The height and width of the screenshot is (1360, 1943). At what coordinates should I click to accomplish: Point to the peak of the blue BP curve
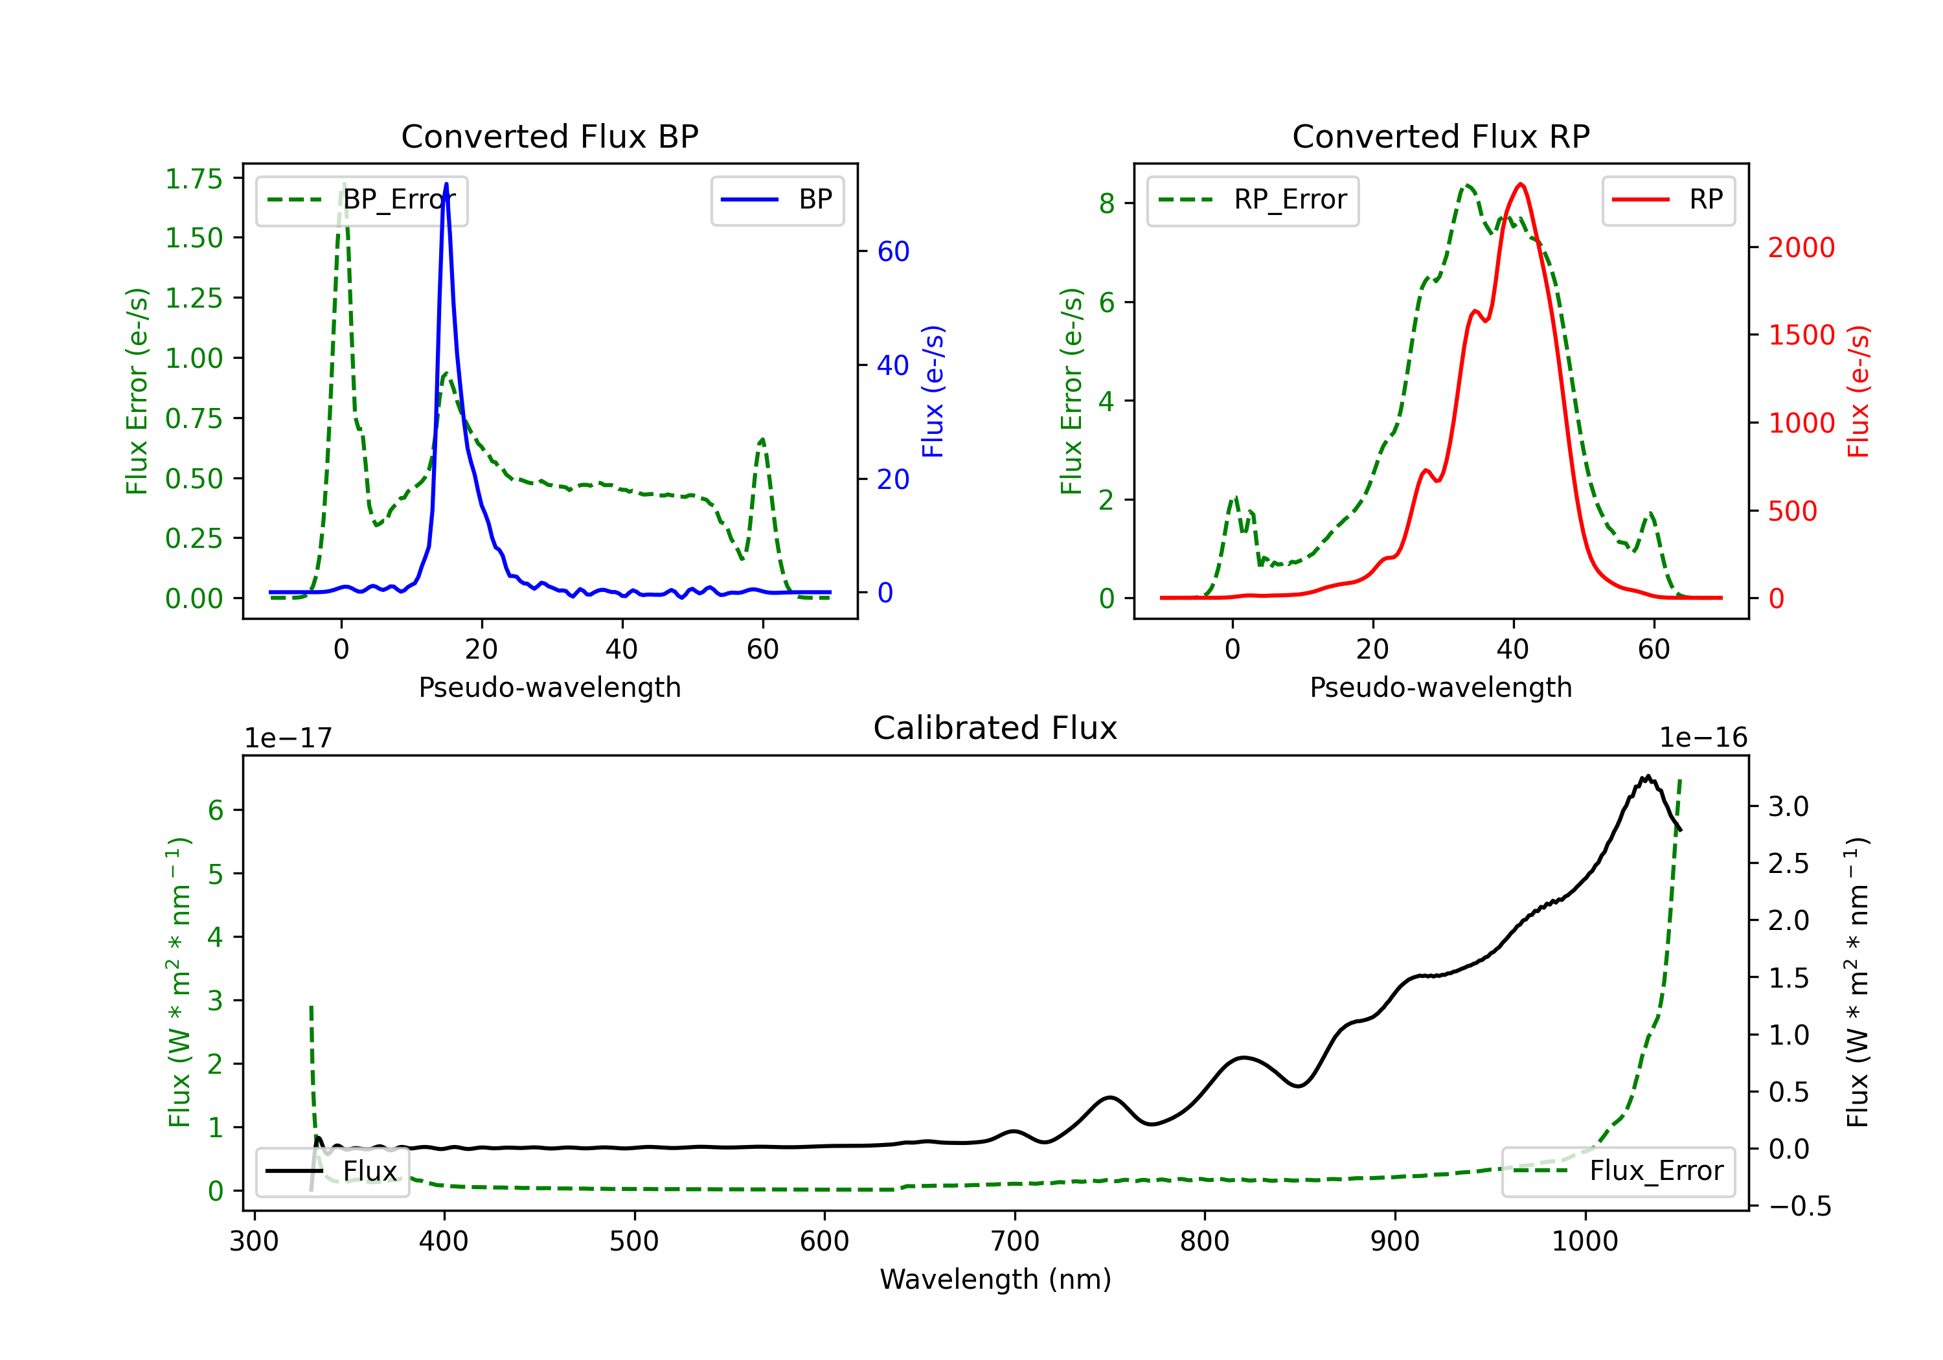[446, 185]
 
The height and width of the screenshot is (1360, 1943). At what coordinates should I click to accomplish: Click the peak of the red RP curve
[1521, 185]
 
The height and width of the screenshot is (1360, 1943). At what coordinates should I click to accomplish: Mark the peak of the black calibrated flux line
[1647, 777]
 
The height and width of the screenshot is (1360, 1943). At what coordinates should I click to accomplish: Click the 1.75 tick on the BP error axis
[194, 179]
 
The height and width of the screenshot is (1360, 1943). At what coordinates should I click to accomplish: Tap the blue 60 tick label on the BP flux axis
[892, 252]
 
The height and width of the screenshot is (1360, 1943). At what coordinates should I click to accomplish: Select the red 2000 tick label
[1801, 248]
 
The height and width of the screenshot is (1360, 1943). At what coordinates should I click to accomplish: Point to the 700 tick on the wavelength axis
[1014, 1241]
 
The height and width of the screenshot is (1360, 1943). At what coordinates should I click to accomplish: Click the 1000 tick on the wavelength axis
[1584, 1241]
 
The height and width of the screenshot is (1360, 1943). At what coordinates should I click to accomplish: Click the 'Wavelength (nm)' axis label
[995, 1280]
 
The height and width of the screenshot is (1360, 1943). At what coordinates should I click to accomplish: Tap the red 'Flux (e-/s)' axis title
[1858, 392]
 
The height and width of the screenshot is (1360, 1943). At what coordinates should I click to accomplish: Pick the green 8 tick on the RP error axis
[1107, 204]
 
